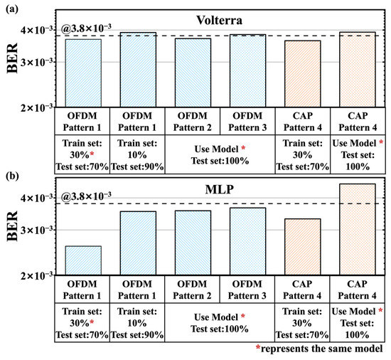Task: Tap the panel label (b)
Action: [x=12, y=176]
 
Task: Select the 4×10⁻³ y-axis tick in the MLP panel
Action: [x=36, y=197]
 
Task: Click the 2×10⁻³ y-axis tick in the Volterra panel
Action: [x=36, y=107]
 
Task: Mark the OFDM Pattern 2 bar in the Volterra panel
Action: [x=193, y=73]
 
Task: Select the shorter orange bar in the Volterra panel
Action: [x=302, y=74]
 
